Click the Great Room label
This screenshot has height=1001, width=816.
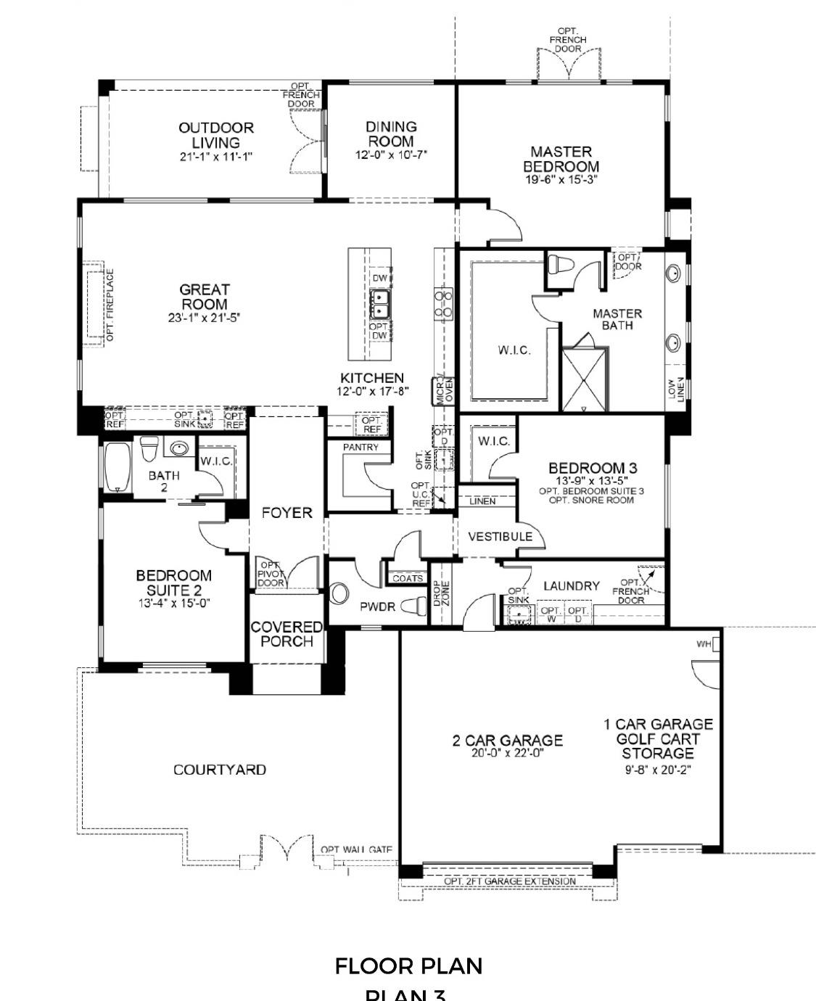tap(205, 297)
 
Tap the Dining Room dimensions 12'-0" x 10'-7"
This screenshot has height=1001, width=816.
tap(391, 155)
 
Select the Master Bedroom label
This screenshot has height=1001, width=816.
tap(561, 159)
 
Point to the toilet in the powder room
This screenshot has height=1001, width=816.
tap(413, 606)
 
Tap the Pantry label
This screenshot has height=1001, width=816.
tap(360, 448)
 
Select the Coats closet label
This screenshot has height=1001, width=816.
tap(408, 578)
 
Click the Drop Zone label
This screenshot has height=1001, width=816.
tap(441, 594)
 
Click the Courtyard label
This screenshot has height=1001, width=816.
tap(219, 770)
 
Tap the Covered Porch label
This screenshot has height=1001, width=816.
tap(287, 634)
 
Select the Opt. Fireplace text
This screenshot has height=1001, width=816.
tap(110, 305)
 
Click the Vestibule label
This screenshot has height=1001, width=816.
tap(500, 537)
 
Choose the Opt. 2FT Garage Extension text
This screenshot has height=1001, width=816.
tap(510, 881)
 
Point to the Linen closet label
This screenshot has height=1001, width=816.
tap(482, 501)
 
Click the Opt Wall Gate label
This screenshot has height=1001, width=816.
tap(357, 849)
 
